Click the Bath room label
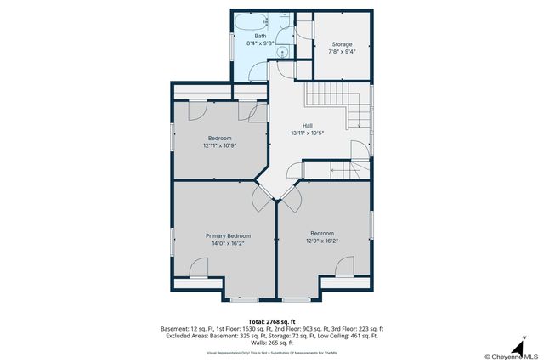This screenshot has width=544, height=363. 260,36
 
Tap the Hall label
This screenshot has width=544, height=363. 308,126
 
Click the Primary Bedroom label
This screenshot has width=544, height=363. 228,235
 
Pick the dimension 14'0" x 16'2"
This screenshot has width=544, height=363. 228,243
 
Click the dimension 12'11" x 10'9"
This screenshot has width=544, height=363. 219,145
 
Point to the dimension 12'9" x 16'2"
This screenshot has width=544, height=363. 321,241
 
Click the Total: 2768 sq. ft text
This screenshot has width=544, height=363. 272,320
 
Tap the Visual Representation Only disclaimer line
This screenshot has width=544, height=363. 272,351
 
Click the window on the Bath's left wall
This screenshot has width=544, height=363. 232,46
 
